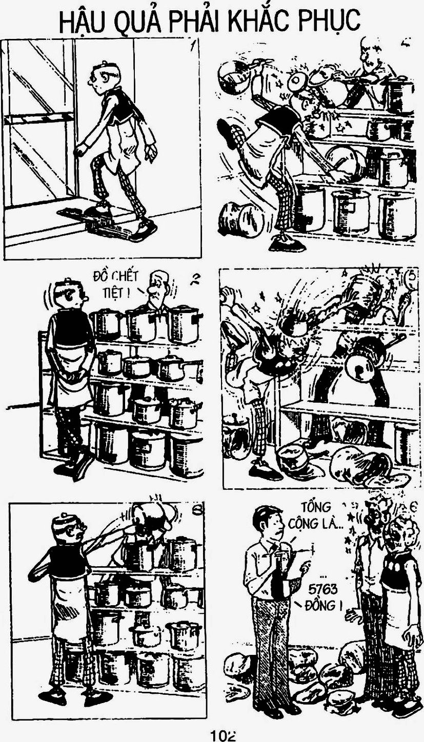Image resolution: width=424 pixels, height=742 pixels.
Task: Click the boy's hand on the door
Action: pyautogui.click(x=78, y=151)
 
